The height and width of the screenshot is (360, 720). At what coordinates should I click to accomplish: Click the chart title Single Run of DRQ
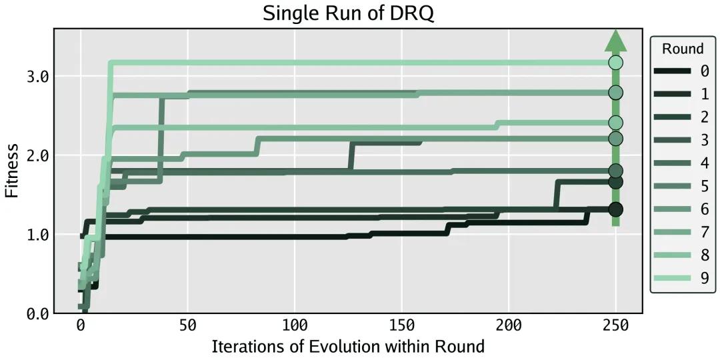348,13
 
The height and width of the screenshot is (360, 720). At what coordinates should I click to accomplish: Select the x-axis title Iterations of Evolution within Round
348,346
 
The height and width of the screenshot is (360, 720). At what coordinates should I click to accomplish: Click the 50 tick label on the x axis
187,326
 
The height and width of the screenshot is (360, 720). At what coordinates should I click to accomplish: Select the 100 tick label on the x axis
295,326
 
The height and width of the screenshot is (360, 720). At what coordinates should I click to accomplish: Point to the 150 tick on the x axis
402,326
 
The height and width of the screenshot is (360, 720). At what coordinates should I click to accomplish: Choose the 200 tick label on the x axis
509,326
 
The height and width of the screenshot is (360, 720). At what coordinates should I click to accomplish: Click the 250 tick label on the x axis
616,326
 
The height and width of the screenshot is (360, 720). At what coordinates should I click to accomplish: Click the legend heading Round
682,49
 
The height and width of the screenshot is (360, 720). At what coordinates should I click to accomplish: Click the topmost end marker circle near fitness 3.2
616,63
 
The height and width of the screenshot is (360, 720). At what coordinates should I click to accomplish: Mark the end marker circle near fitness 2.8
616,93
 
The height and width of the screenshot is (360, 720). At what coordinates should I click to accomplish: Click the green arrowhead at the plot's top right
616,41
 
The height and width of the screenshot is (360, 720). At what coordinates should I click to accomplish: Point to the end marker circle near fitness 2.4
616,123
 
